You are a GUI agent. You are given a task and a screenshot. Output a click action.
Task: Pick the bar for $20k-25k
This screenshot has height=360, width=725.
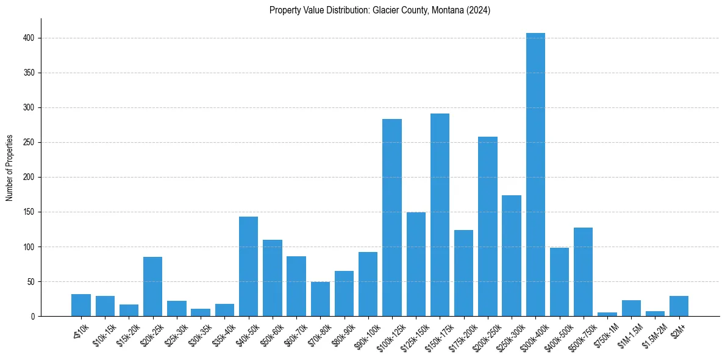152,287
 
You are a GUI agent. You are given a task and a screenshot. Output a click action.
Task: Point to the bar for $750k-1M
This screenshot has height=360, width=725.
607,314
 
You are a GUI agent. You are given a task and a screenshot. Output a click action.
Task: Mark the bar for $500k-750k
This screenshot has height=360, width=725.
584,272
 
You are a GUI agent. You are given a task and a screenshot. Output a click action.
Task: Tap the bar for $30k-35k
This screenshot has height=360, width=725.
201,313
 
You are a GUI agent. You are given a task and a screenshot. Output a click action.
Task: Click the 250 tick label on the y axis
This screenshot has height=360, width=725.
30,142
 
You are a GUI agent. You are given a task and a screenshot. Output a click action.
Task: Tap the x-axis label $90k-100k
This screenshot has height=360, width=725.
366,335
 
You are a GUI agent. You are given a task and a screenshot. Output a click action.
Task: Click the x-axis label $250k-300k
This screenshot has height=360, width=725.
510,336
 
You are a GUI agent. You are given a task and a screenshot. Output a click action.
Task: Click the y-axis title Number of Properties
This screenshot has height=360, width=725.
10,168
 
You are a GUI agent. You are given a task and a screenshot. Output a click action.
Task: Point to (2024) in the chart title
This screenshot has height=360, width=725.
477,10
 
